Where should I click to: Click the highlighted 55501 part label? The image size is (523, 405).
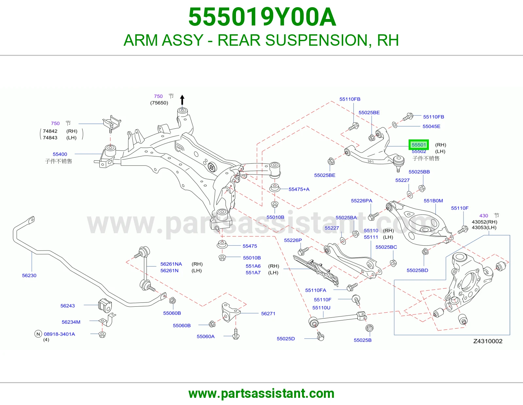click(418, 145)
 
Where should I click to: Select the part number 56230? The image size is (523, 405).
click(29, 275)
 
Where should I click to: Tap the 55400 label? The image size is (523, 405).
click(60, 154)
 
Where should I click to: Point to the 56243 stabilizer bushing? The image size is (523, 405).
click(105, 305)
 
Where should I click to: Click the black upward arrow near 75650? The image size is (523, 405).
click(182, 100)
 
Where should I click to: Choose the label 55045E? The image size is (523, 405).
click(431, 126)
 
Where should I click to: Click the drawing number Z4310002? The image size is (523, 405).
click(488, 341)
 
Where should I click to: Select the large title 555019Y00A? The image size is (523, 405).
click(262, 17)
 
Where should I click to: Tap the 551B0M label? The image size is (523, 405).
click(433, 201)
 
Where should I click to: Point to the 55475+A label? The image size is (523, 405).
click(299, 189)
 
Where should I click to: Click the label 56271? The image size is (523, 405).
click(268, 313)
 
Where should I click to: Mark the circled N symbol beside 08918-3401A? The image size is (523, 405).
click(38, 334)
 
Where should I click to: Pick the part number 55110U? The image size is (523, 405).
click(321, 308)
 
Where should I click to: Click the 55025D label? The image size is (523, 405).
click(286, 339)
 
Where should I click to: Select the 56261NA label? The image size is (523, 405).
click(171, 264)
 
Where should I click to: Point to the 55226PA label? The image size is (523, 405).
click(362, 201)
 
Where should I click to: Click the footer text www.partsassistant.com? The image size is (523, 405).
click(261, 394)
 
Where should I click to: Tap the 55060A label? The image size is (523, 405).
click(206, 336)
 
